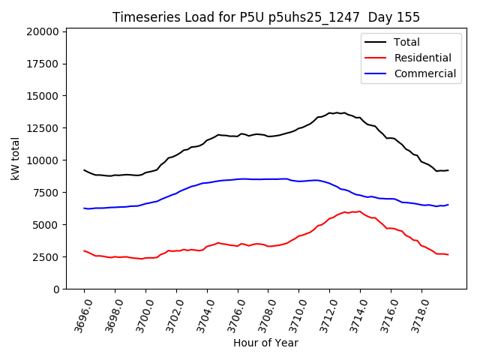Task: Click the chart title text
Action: pos(265,17)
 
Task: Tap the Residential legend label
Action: pos(422,58)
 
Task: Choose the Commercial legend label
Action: pos(424,73)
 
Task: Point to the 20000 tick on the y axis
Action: pos(43,31)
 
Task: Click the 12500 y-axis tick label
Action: pos(43,128)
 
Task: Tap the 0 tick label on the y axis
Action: pos(56,289)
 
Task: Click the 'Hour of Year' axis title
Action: pos(265,343)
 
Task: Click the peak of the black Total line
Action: pos(336,112)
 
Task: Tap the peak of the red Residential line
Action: pos(360,211)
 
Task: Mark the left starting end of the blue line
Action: pos(84,208)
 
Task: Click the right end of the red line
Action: pos(448,254)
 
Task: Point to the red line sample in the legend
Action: pos(375,58)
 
